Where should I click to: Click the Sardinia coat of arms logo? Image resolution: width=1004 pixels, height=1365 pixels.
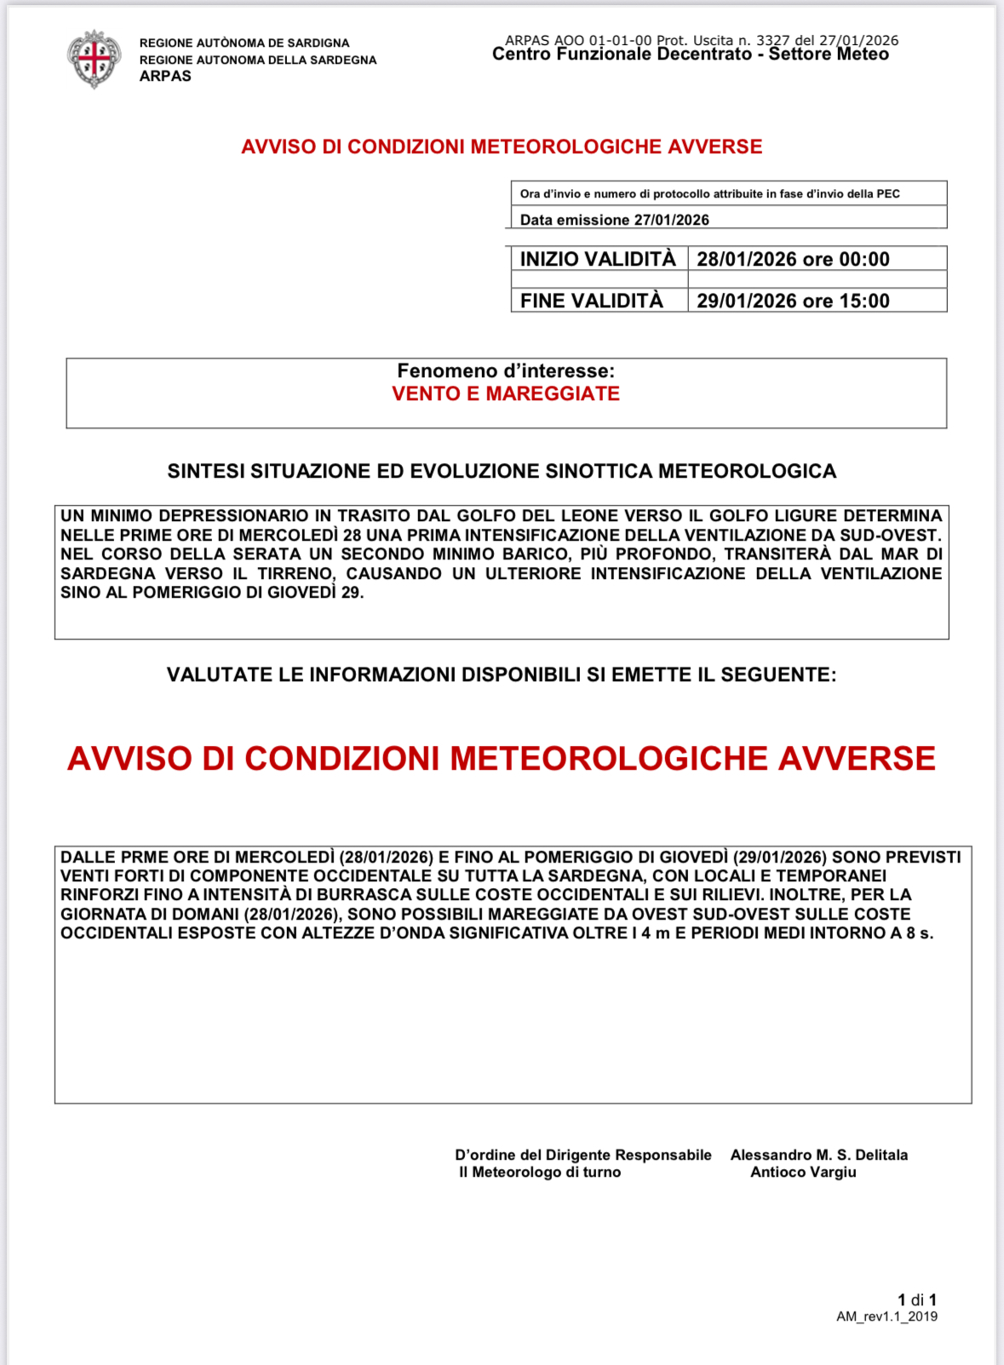coord(94,59)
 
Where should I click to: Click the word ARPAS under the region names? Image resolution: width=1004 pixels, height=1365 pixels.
coord(165,76)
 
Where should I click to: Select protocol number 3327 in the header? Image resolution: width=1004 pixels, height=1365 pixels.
coord(772,40)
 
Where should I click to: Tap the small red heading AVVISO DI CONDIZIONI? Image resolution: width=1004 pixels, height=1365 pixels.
coord(502,146)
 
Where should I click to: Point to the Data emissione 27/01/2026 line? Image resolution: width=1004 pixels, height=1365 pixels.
coord(614,220)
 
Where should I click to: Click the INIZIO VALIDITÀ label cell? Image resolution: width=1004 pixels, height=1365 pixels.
coord(598,259)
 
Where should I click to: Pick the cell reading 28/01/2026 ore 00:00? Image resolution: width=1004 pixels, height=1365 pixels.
coord(793,259)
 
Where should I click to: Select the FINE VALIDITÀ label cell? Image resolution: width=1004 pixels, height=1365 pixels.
coord(592,301)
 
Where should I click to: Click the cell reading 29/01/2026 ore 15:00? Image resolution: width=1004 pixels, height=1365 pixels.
coord(793,301)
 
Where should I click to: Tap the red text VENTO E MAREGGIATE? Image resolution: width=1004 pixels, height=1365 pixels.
coord(506,393)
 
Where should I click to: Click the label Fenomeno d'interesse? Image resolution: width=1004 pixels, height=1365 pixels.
coord(506,370)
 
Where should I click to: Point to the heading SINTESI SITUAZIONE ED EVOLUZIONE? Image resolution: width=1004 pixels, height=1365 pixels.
coord(502,471)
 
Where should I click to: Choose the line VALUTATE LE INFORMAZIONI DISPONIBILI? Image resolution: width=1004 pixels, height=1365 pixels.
coord(502,674)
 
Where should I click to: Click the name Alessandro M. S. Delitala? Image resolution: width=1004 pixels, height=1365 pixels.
coord(818,1155)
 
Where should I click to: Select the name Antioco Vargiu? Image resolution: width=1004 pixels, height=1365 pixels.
coord(803,1172)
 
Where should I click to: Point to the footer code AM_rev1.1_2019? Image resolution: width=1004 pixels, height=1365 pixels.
coord(886,1316)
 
